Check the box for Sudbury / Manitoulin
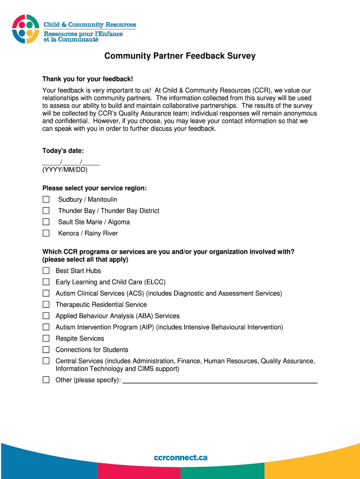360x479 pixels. coord(46,200)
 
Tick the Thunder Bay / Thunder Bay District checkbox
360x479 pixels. coord(46,211)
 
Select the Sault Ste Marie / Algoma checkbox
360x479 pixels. coord(46,222)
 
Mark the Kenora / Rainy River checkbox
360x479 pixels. coord(46,233)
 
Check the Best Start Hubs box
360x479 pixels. coord(46,271)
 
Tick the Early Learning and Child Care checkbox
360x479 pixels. coord(46,282)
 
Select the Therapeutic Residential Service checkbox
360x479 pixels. coord(46,305)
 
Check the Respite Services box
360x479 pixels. coord(46,338)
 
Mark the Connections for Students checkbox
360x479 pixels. coord(46,349)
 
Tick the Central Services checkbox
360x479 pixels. coord(46,361)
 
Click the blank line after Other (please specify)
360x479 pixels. coord(220,380)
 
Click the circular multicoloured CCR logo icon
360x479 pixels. coord(26,29)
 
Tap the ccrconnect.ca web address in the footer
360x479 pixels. coord(180,457)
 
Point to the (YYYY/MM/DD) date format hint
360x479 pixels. coord(65,170)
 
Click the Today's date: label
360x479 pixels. coord(63,151)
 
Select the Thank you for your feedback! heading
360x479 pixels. coord(84,79)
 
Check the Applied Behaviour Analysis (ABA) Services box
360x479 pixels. coord(46,316)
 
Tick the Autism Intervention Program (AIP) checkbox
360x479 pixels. coord(46,327)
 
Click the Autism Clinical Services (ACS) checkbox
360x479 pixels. coord(46,293)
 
